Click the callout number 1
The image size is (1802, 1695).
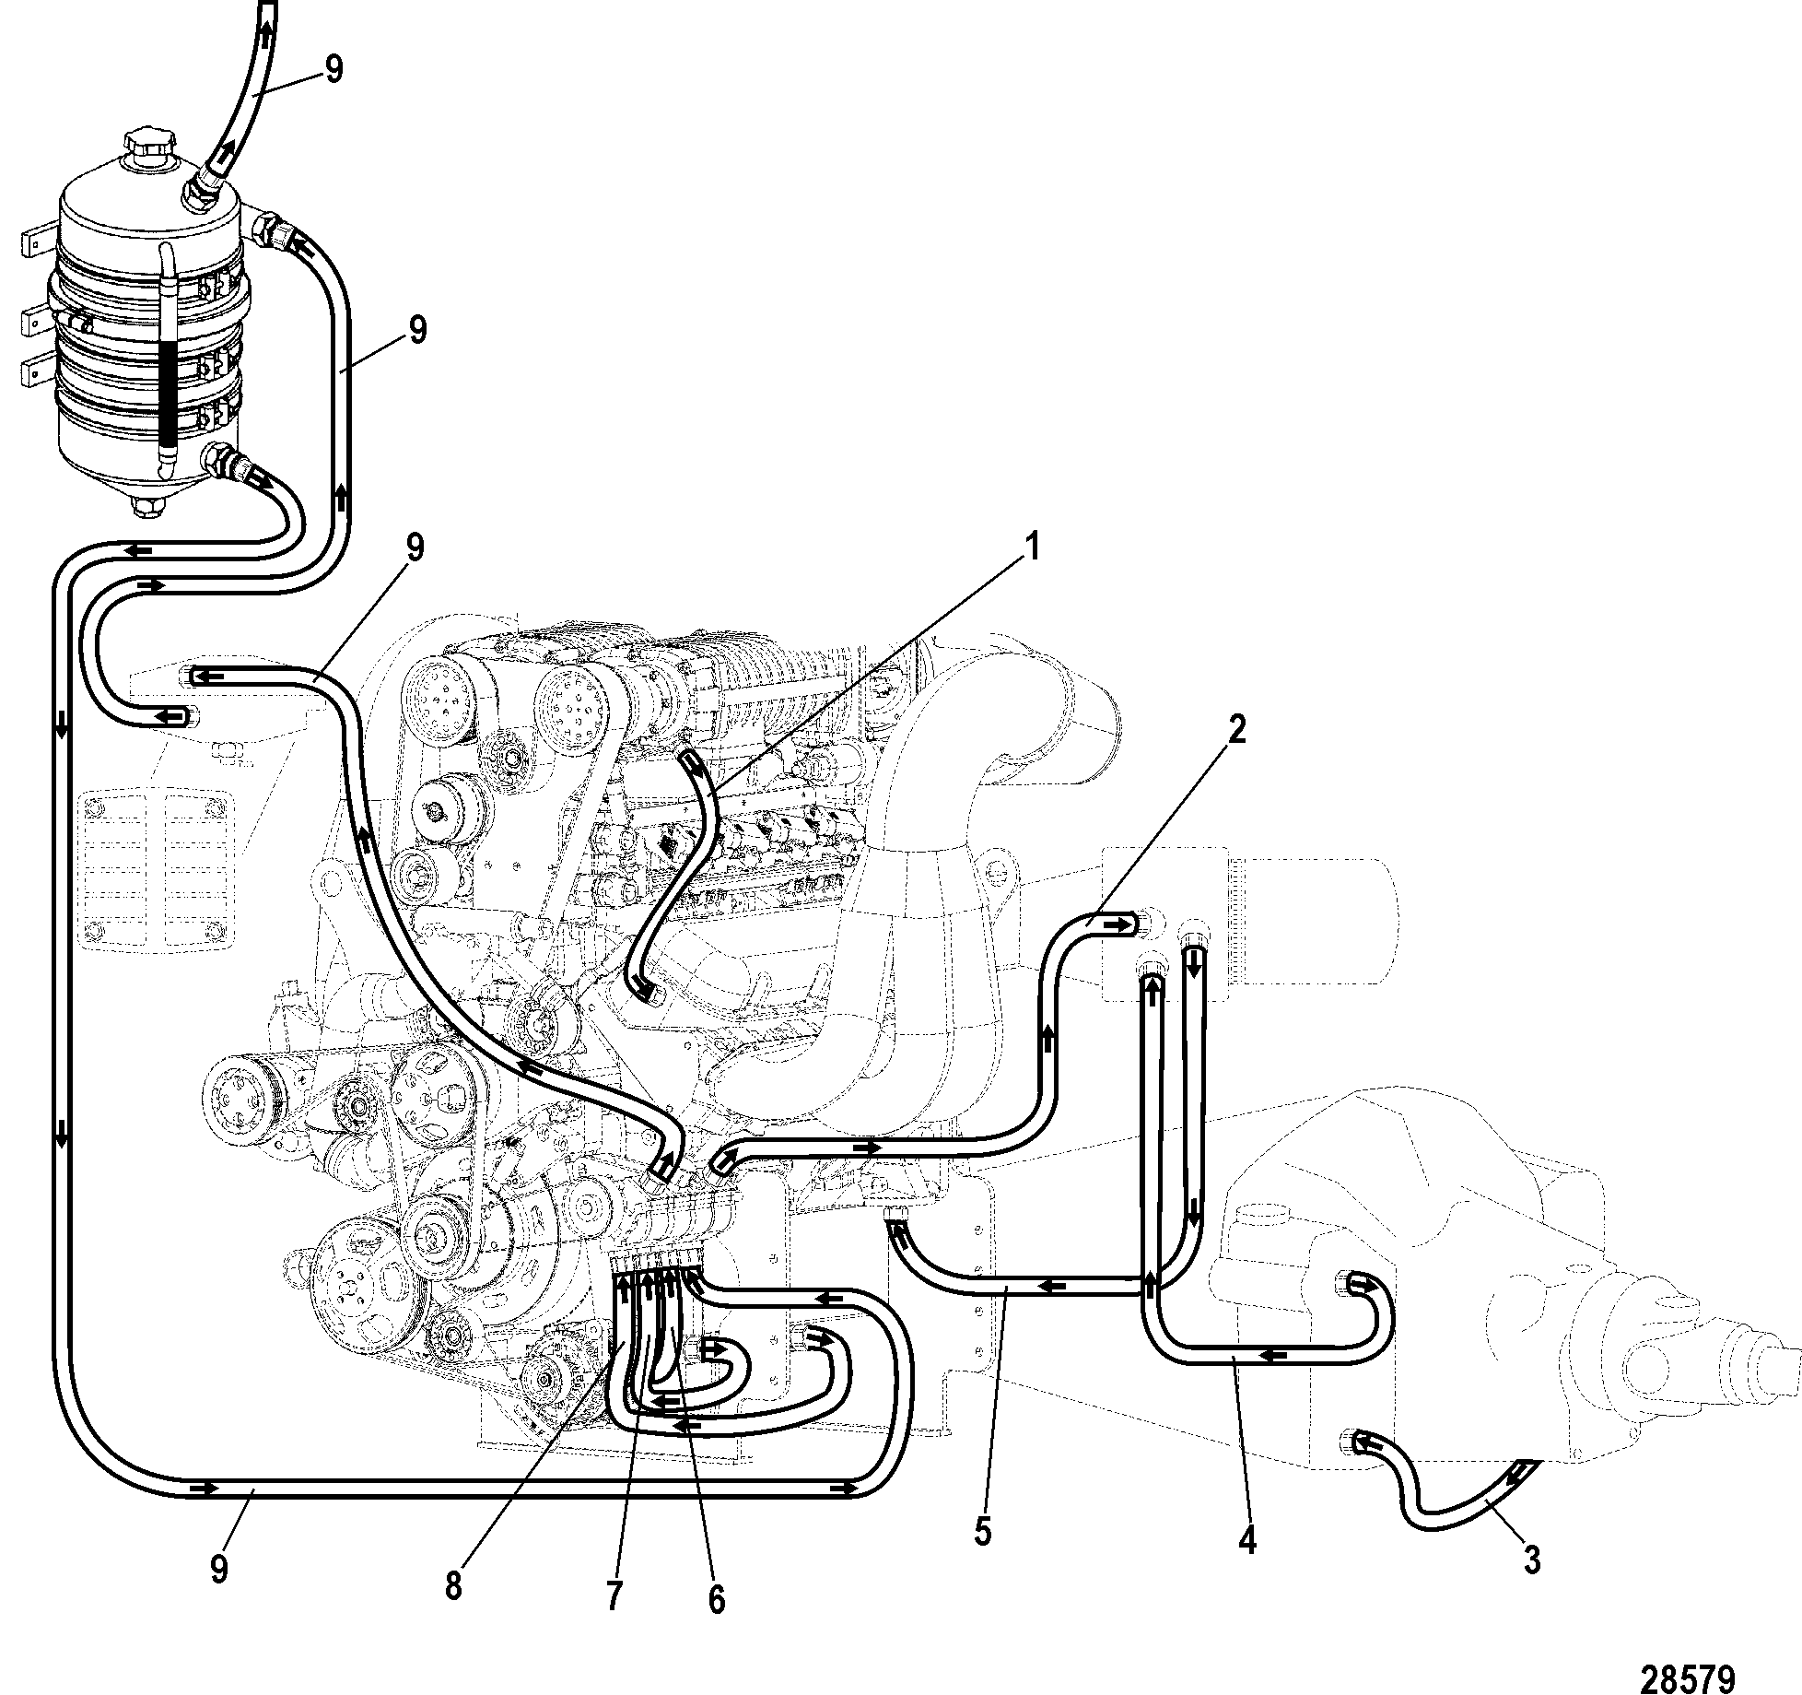coord(1032,547)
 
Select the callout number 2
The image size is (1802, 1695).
coord(1236,731)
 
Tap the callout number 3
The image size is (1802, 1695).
coord(1530,1560)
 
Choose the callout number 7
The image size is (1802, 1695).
coord(614,1595)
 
